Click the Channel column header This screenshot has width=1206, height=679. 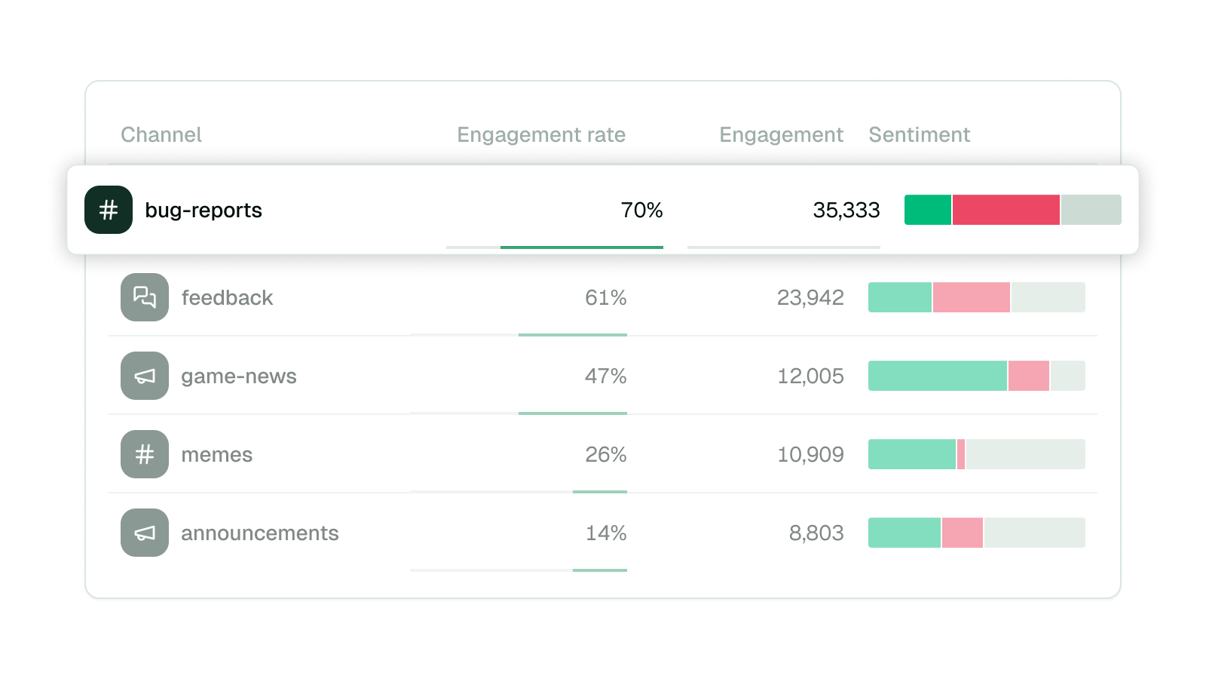(161, 134)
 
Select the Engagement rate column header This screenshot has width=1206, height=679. (540, 134)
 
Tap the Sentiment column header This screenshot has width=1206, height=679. (919, 134)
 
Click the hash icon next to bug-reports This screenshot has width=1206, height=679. (109, 210)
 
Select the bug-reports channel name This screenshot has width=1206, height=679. (204, 210)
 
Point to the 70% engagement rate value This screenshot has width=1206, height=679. (641, 210)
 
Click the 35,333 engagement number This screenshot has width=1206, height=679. (846, 210)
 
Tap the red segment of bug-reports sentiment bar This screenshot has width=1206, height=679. (1006, 210)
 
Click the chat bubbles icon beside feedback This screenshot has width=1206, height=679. (145, 297)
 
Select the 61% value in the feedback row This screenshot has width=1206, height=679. (605, 297)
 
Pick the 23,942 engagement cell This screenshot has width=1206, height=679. (810, 297)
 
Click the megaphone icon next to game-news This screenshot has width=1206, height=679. (145, 376)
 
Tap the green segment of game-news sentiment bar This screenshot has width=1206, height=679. (937, 376)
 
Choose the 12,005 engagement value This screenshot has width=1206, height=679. (810, 376)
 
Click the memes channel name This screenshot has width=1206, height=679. (216, 454)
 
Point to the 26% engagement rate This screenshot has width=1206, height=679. (605, 454)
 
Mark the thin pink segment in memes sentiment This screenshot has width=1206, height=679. (961, 454)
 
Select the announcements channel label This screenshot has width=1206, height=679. (259, 533)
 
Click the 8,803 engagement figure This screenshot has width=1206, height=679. (816, 533)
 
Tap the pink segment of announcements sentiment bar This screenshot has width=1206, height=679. (962, 533)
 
